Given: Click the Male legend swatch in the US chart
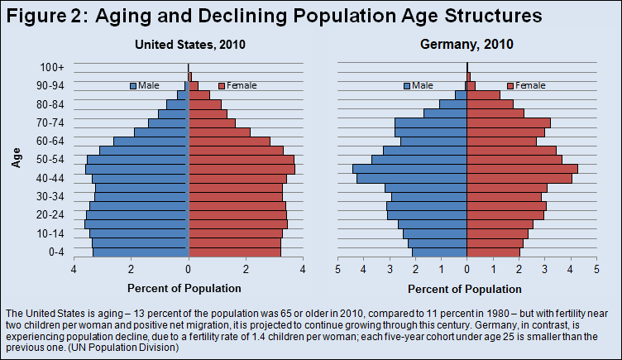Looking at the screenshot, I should pyautogui.click(x=132, y=85).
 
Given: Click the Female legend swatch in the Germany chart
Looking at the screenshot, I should pyautogui.click(x=510, y=85).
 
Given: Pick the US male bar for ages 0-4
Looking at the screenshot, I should pyautogui.click(x=141, y=252).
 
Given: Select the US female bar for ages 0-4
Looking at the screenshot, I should pyautogui.click(x=235, y=252).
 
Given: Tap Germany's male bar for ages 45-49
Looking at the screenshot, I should pyautogui.click(x=410, y=169).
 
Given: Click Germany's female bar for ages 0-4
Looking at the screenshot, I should pyautogui.click(x=494, y=252).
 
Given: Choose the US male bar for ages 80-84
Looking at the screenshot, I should pyautogui.click(x=178, y=104).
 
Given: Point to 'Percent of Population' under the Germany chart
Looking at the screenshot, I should pyautogui.click(x=466, y=288).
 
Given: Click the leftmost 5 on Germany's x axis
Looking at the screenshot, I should pyautogui.click(x=338, y=270).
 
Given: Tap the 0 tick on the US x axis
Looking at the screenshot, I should pyautogui.click(x=189, y=270).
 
